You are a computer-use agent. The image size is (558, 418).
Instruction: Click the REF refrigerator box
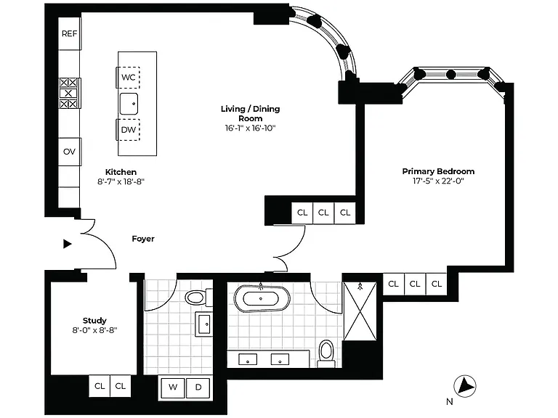coord(70,33)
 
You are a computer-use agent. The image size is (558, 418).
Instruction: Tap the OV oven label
coord(70,152)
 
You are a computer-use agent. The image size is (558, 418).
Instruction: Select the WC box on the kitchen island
coord(128,77)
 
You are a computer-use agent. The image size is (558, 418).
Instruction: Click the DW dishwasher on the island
coord(128,130)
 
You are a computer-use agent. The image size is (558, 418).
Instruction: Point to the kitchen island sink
coord(129,104)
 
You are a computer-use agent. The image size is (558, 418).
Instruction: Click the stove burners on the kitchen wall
coord(68,93)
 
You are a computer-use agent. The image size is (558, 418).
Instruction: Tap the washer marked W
coord(173,387)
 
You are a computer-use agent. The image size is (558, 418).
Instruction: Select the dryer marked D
coord(198,387)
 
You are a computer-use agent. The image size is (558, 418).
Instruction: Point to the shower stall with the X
coord(360,311)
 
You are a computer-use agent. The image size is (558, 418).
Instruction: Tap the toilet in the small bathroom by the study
coord(198,298)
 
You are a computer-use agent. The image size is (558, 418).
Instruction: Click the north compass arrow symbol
coord(465,385)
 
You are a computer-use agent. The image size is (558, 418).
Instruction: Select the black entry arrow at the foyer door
coord(68,244)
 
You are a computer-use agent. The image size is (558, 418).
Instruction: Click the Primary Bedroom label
coord(438,171)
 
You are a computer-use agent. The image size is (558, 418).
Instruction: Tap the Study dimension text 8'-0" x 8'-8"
coord(94,330)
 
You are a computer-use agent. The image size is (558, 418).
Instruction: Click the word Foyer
coord(143,239)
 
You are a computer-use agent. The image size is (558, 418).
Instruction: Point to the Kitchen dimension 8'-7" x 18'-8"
coord(121,181)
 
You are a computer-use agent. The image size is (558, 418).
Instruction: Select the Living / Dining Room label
coord(251,113)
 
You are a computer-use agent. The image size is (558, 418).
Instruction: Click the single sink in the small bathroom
coord(204,324)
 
